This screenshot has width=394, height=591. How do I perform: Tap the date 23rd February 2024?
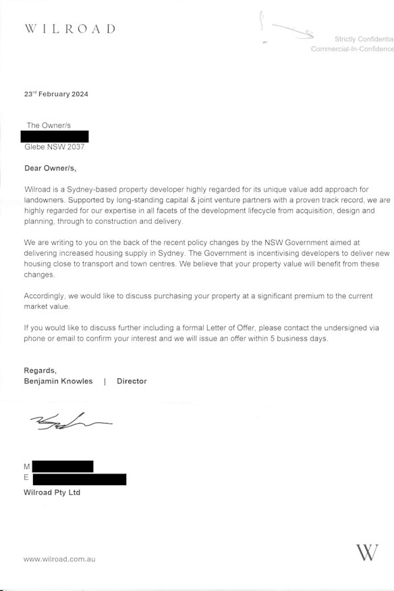pyautogui.click(x=56, y=94)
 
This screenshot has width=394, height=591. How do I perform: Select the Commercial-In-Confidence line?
pyautogui.click(x=351, y=50)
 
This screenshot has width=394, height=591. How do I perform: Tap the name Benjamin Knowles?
pyautogui.click(x=58, y=381)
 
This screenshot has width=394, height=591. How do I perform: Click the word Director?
pyautogui.click(x=132, y=381)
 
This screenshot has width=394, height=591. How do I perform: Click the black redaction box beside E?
pyautogui.click(x=79, y=479)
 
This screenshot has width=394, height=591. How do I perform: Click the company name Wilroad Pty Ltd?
pyautogui.click(x=52, y=492)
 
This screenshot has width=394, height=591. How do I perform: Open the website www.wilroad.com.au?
pyautogui.click(x=59, y=559)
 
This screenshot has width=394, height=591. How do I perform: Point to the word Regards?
pyautogui.click(x=40, y=370)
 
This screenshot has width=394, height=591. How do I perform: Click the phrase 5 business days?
pyautogui.click(x=302, y=339)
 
